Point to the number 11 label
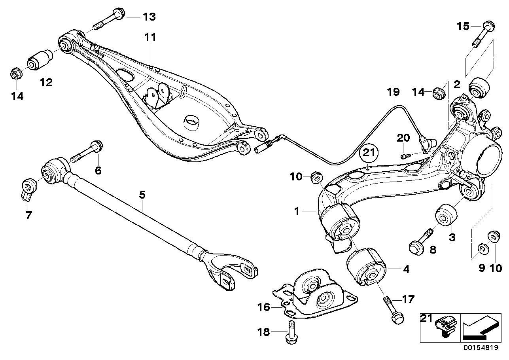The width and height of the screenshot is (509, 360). point(150,38)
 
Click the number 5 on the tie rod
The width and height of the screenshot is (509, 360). point(142,195)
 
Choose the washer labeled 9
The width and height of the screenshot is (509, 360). point(482,248)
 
